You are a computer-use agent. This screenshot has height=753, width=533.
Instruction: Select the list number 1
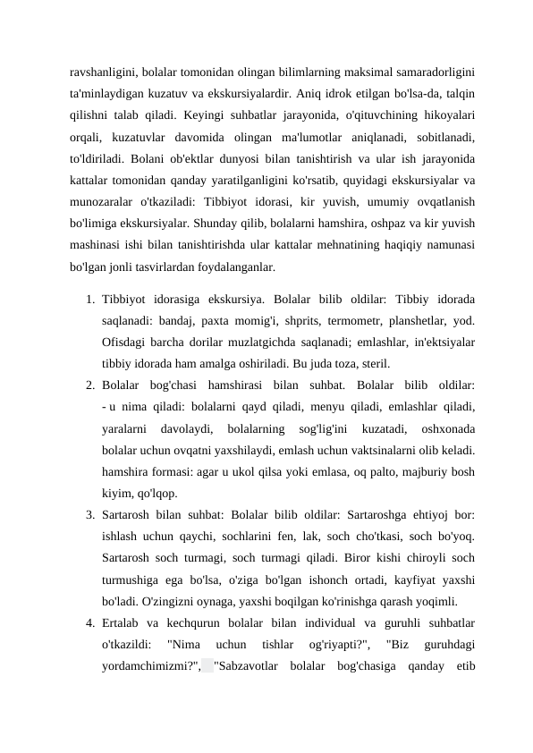(90, 298)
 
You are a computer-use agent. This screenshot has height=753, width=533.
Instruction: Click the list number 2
(90, 384)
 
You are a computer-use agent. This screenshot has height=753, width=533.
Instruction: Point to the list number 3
(90, 514)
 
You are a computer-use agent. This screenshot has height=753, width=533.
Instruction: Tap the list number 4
(90, 622)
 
